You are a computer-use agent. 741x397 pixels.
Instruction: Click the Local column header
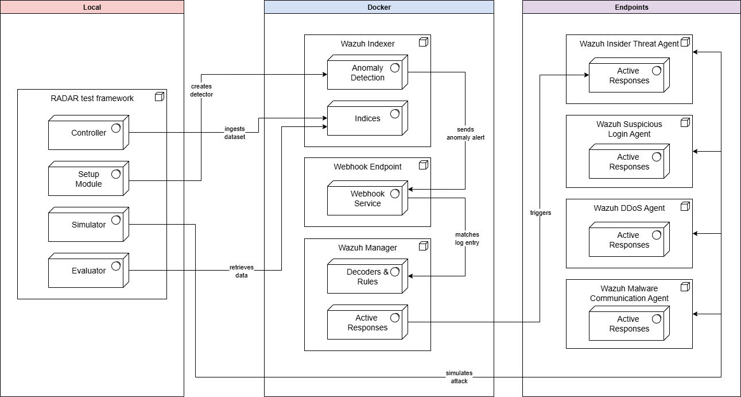(92, 7)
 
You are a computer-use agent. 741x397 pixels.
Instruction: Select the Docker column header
(379, 7)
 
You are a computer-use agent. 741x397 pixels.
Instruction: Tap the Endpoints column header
(631, 7)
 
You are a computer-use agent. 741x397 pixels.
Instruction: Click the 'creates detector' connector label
(201, 90)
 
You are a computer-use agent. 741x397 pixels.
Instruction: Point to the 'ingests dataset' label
(235, 133)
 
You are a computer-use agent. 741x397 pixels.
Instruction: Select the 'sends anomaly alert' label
(465, 133)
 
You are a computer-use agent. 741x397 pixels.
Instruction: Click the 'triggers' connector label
(540, 213)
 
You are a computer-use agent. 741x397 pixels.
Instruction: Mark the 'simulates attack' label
(459, 377)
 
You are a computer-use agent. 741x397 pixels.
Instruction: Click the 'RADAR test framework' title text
(92, 98)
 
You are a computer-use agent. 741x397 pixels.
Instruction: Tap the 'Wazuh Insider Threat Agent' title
(629, 44)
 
